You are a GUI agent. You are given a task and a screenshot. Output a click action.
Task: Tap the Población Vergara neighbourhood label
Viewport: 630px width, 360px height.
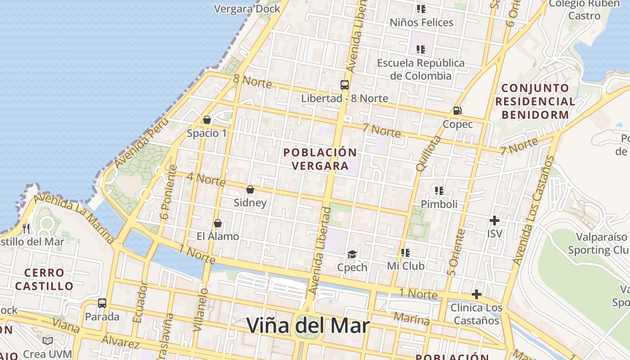[x=320, y=159]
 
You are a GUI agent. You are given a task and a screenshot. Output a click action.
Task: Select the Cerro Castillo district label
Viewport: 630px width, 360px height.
[x=44, y=279]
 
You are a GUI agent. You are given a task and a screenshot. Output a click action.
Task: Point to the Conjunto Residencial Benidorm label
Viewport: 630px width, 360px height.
[x=535, y=101]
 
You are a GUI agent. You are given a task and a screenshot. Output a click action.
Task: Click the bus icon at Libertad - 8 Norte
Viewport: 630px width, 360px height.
[x=344, y=85]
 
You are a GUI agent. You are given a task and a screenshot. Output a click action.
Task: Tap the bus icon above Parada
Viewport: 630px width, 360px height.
[x=102, y=303]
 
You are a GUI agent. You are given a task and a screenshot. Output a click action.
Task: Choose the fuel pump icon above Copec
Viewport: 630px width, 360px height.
[x=457, y=110]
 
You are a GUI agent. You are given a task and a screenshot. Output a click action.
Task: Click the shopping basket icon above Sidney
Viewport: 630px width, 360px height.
[x=250, y=189]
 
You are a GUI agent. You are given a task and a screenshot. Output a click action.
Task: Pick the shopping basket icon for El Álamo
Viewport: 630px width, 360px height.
[x=218, y=223]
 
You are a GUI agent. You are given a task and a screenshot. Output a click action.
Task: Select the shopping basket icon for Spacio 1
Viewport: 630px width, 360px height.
[x=207, y=120]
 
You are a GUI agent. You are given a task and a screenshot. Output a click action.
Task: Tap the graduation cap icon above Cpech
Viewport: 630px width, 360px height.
[x=352, y=255]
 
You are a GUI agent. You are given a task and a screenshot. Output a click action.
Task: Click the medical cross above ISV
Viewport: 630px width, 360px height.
[x=494, y=220]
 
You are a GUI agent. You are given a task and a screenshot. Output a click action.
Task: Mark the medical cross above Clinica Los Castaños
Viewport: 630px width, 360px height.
[x=476, y=295]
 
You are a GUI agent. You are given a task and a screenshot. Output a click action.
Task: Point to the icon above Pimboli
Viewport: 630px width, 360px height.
[x=439, y=191]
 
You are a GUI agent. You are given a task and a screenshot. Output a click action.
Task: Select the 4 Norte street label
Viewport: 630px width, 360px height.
[x=206, y=179]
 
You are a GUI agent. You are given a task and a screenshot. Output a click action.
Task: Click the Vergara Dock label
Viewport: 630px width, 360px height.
[x=247, y=9]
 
